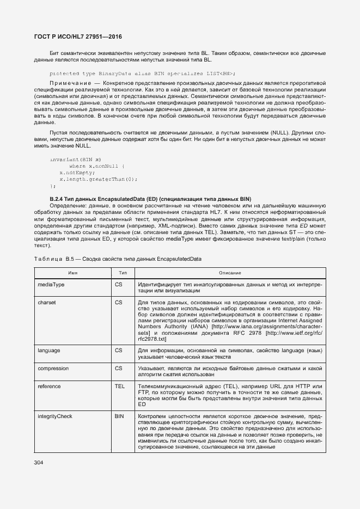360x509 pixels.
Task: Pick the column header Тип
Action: coord(123,272)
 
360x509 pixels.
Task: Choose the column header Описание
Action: coord(230,272)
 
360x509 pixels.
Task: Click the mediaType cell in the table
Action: coord(51,285)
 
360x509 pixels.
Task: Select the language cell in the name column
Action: coord(49,351)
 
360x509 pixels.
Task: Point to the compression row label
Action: coord(53,369)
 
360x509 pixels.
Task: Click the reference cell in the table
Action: coord(49,386)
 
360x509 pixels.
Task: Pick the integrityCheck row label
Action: coord(54,416)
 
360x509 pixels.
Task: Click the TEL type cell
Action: coord(120,386)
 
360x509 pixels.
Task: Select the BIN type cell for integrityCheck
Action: coord(119,416)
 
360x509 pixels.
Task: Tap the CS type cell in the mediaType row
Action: coord(119,285)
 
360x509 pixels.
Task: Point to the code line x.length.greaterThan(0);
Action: coord(98,179)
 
